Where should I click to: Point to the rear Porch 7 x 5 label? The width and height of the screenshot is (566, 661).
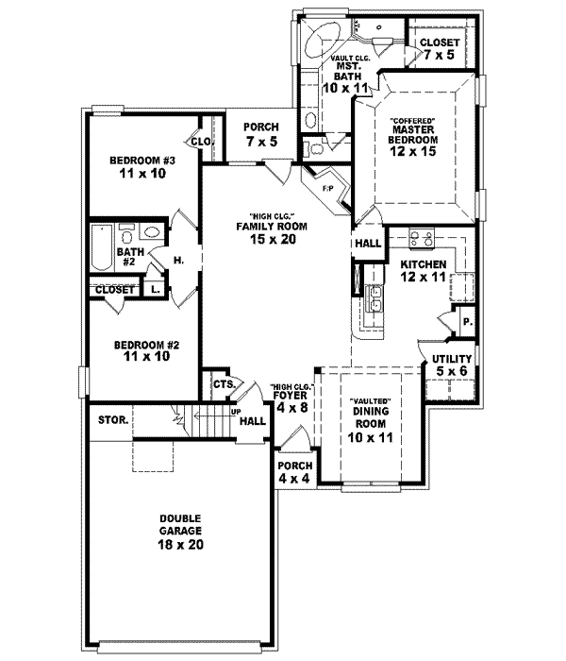click(x=259, y=135)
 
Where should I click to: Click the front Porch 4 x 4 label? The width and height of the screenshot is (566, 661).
click(x=293, y=472)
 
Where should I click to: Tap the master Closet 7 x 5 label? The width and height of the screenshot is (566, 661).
click(x=439, y=49)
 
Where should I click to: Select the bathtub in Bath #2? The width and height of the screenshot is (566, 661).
click(x=101, y=250)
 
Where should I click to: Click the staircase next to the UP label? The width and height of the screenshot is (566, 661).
click(x=209, y=419)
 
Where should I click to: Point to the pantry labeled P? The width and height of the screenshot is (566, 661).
click(x=466, y=321)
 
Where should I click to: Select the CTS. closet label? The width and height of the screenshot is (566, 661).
click(x=224, y=384)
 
